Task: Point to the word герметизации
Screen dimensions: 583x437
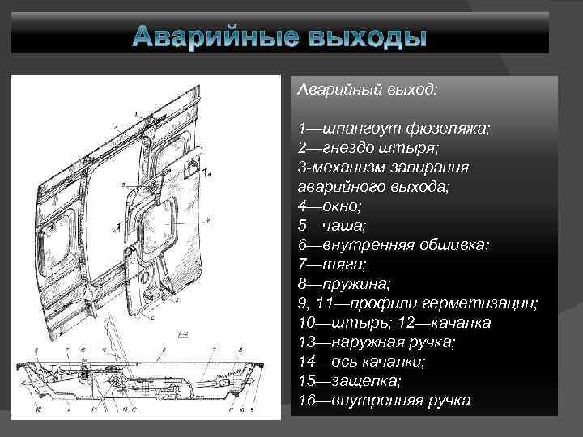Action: pyautogui.click(x=487, y=303)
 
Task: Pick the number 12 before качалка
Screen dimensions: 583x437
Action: pyautogui.click(x=431, y=322)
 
